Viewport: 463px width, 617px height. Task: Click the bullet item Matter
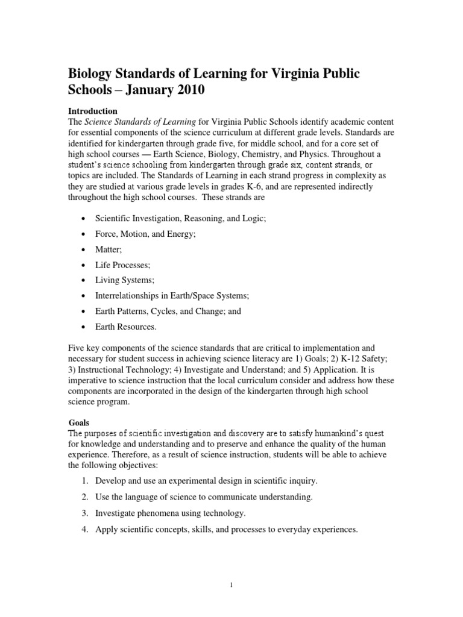point(109,249)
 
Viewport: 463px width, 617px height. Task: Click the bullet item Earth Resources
point(125,327)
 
